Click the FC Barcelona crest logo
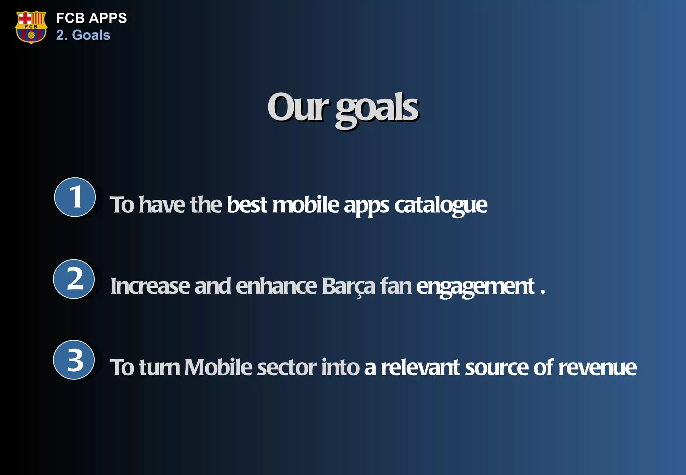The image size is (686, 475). [x=31, y=27]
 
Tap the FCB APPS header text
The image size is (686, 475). [x=91, y=18]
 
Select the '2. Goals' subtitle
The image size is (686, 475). [x=83, y=35]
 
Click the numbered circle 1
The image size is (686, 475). [x=75, y=197]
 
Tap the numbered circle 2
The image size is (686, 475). [x=74, y=279]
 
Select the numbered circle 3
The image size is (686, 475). [x=74, y=360]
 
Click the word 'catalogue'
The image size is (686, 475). [x=440, y=205]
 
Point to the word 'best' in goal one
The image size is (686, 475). [x=247, y=205]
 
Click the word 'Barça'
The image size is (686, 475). [x=348, y=287]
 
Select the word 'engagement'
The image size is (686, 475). [x=475, y=287]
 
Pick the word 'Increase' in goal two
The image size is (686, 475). [x=150, y=286]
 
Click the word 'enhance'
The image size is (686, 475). [x=276, y=286]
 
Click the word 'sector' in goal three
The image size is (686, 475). [x=286, y=368]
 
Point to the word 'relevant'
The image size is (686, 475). [x=420, y=368]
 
